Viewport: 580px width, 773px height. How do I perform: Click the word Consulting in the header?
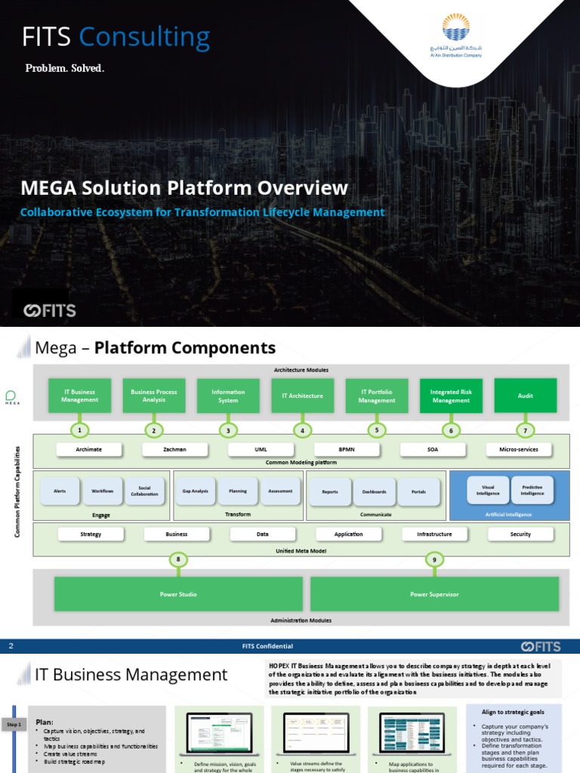(x=144, y=37)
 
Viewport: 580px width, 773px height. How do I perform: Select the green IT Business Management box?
(x=80, y=396)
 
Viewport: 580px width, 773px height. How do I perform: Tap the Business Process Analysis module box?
(x=154, y=396)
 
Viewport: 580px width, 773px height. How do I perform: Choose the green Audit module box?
(x=525, y=396)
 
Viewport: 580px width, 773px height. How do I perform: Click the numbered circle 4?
(x=302, y=430)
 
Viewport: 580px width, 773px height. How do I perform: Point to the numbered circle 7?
(x=525, y=430)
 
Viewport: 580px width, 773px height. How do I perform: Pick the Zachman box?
(x=174, y=449)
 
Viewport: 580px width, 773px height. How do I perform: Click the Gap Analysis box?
(x=195, y=491)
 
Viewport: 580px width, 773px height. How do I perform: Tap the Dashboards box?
(x=374, y=491)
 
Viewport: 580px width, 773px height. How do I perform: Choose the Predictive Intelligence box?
(x=532, y=491)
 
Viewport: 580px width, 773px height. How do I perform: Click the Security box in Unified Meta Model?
(x=520, y=534)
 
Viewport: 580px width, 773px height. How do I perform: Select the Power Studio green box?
(x=178, y=594)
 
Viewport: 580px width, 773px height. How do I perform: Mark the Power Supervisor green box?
(x=434, y=594)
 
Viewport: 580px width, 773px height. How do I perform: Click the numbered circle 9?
(x=434, y=559)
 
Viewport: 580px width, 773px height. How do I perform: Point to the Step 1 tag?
(x=14, y=725)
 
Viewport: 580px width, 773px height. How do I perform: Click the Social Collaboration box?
(x=143, y=491)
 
